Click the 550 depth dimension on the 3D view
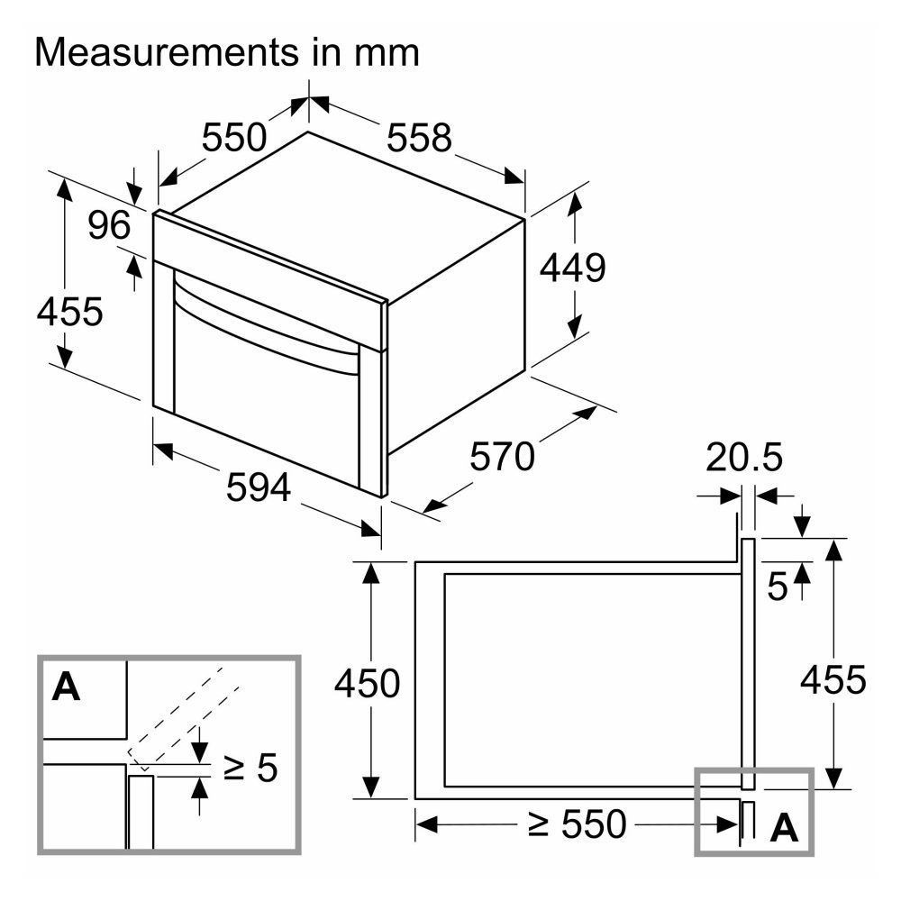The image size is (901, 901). [234, 138]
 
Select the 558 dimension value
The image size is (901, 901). [419, 138]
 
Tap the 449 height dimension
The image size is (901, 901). [572, 268]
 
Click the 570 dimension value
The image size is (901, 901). [502, 457]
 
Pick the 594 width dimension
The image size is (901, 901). [258, 487]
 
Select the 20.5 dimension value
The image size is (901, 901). [743, 458]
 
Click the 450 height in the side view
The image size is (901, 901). [367, 683]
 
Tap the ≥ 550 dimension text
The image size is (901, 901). [577, 824]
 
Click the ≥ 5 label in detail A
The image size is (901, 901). [250, 767]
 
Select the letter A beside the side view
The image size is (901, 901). [785, 828]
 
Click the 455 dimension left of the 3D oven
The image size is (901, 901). [69, 312]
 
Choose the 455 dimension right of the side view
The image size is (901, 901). [833, 679]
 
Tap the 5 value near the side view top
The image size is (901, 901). [777, 587]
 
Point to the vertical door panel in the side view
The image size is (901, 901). [747, 664]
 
